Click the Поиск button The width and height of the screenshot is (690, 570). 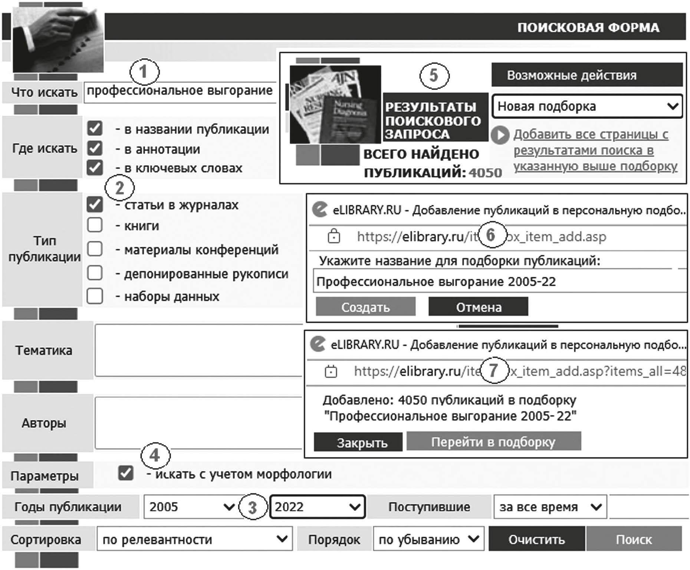point(634,539)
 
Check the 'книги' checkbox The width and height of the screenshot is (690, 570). point(95,225)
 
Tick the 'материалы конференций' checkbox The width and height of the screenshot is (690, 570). point(95,249)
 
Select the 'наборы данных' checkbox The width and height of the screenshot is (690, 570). point(95,296)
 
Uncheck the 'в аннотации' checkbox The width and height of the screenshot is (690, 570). point(95,148)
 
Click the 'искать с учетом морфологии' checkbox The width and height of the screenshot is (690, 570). point(126,473)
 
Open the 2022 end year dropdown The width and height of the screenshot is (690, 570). point(318,507)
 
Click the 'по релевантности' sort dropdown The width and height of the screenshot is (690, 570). point(194,539)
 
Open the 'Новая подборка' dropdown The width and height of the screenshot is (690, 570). point(587,106)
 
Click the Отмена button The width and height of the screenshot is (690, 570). point(478,307)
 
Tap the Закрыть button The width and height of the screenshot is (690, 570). point(358,442)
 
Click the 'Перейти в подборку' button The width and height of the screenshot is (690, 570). point(493,441)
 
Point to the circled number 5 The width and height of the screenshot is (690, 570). point(434,76)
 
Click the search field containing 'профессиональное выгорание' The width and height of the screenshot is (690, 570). point(180,91)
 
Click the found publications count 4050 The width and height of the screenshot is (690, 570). point(485,173)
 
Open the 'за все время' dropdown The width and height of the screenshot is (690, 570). point(550,507)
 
